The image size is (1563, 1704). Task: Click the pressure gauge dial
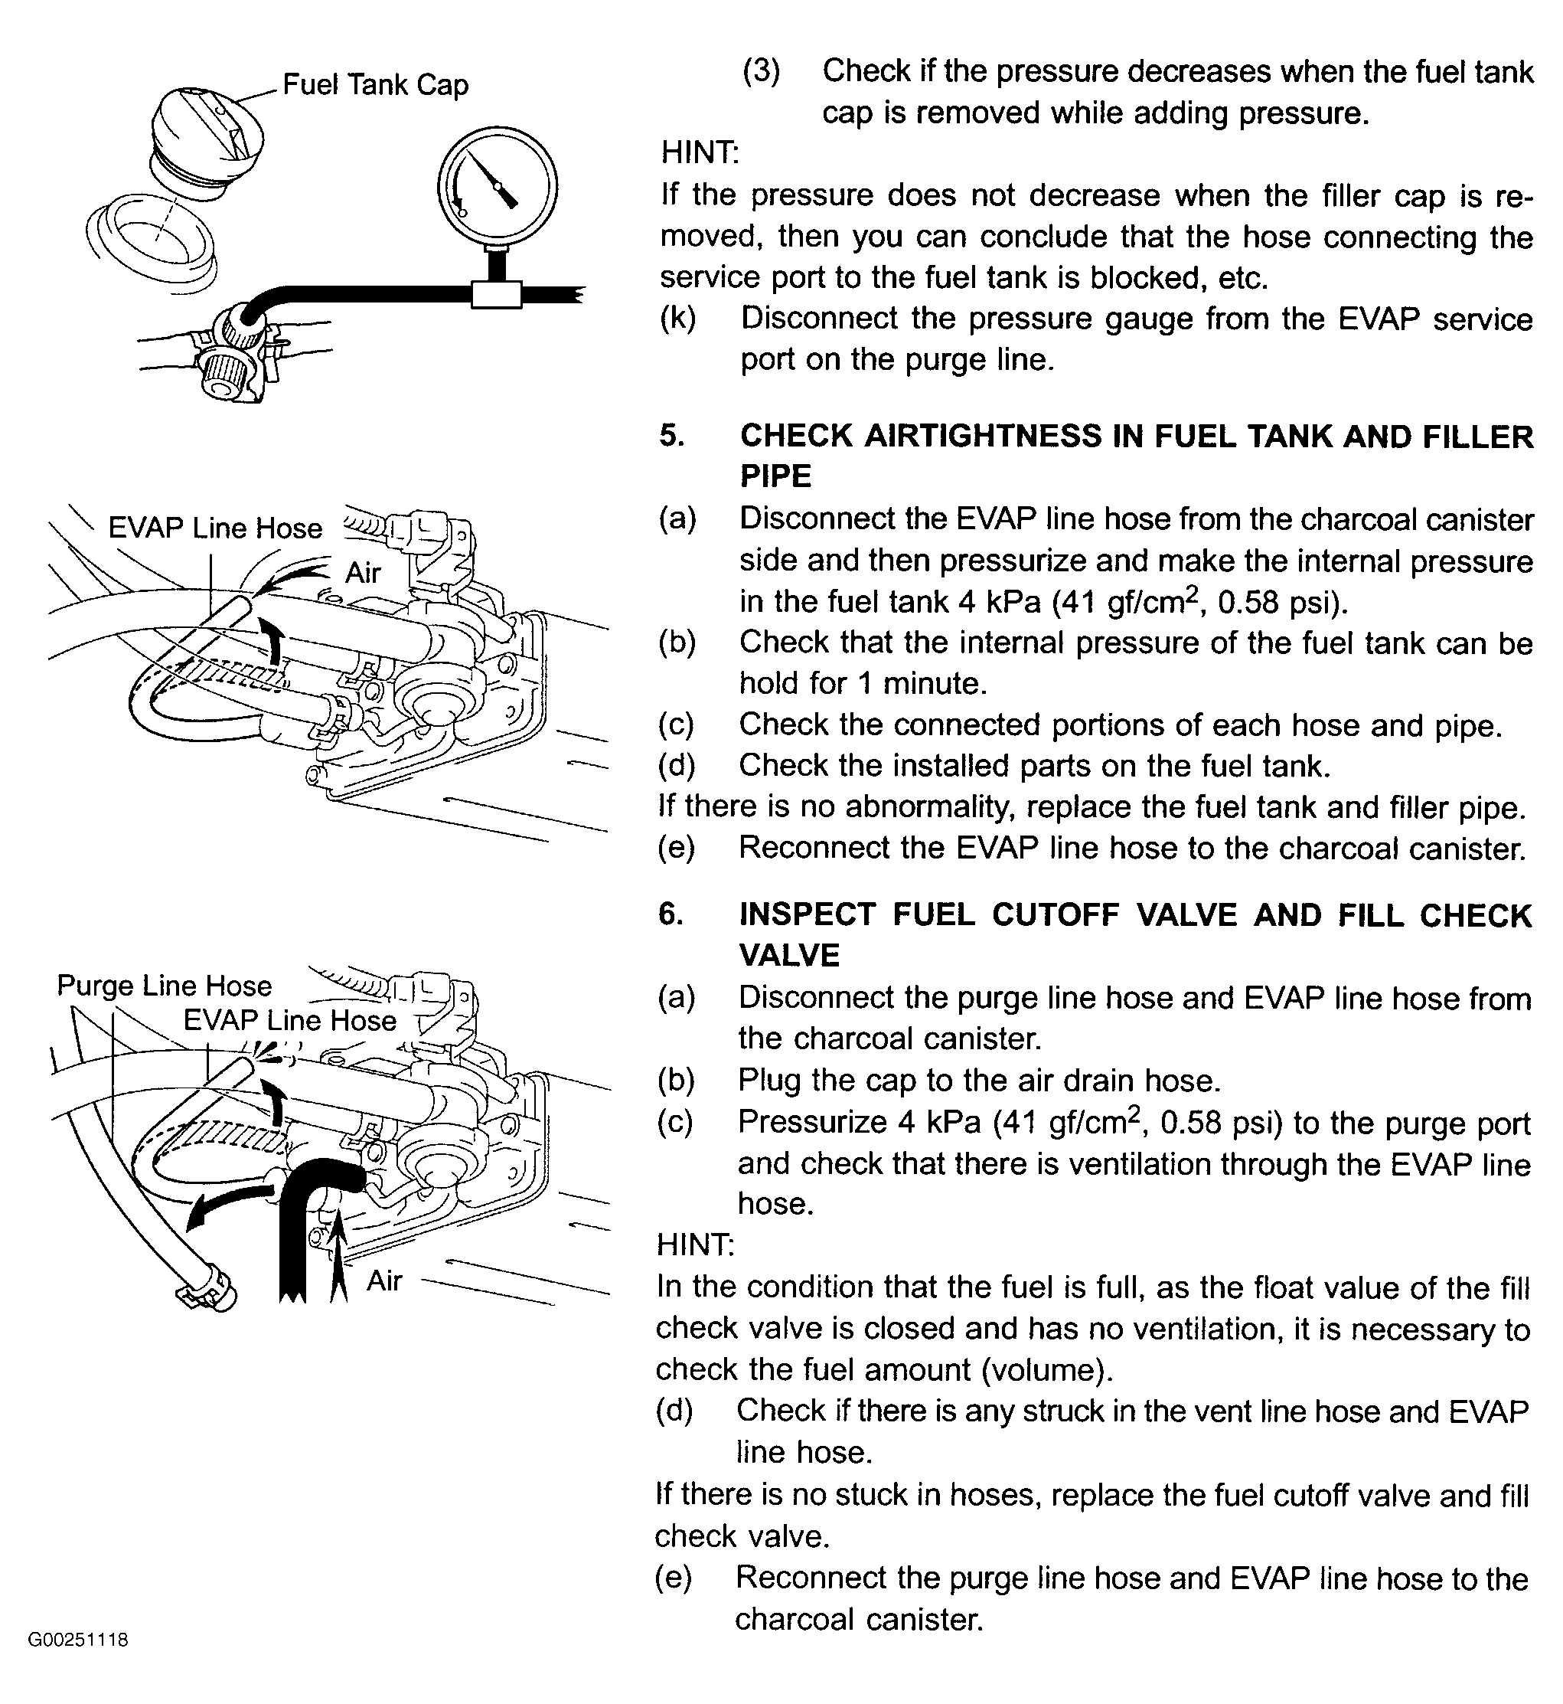[x=497, y=185]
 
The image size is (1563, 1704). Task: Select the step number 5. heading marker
[x=671, y=436]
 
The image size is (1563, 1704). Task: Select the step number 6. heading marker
[x=670, y=914]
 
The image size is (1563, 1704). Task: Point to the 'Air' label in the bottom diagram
[x=383, y=1280]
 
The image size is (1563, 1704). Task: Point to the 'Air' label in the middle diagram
[x=363, y=573]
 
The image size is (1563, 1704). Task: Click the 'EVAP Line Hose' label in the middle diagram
[x=215, y=528]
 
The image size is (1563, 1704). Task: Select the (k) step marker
[x=677, y=318]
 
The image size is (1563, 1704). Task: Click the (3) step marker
[x=761, y=70]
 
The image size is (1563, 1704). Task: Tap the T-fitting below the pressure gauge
[x=497, y=293]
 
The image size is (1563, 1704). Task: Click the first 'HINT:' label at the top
[x=700, y=153]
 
